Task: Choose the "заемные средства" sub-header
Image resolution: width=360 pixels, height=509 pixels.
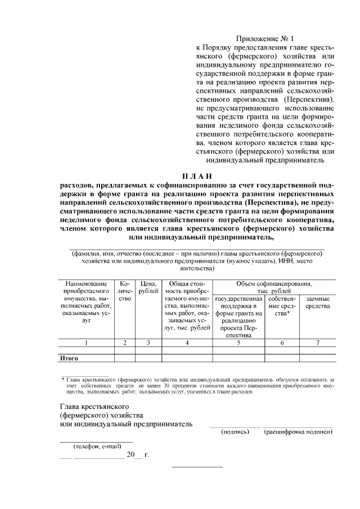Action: pos(318,303)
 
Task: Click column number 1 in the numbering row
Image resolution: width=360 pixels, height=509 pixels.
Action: pos(86,343)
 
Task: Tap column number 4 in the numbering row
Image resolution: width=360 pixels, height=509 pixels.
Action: pos(187,343)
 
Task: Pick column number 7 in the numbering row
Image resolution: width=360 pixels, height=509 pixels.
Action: pos(318,343)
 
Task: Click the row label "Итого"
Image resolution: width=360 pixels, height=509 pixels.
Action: pos(69,358)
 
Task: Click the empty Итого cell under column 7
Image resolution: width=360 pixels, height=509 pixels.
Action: pos(318,358)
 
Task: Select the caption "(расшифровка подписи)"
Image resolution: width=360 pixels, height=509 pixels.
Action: pos(298,432)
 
